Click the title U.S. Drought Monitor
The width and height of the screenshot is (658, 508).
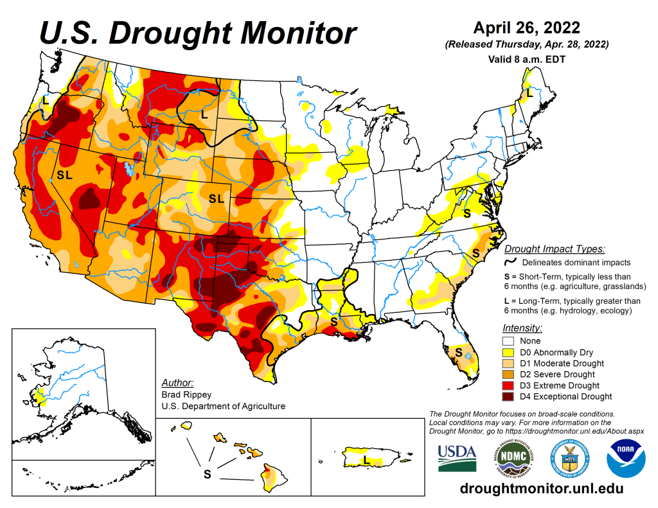pos(198,32)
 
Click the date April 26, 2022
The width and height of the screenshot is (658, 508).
pos(526,28)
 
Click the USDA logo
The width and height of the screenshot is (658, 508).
pos(457,458)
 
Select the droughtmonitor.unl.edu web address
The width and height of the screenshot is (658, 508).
pos(542,489)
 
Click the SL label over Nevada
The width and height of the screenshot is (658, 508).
pos(65,175)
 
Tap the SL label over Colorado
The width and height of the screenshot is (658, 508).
pos(216,199)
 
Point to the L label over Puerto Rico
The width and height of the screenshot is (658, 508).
pos(365,460)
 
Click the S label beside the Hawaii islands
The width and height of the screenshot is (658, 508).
pos(207,475)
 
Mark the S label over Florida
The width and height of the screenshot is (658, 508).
pos(459,352)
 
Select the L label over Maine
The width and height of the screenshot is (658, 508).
pos(530,93)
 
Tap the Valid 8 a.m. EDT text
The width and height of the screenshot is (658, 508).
pos(526,58)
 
